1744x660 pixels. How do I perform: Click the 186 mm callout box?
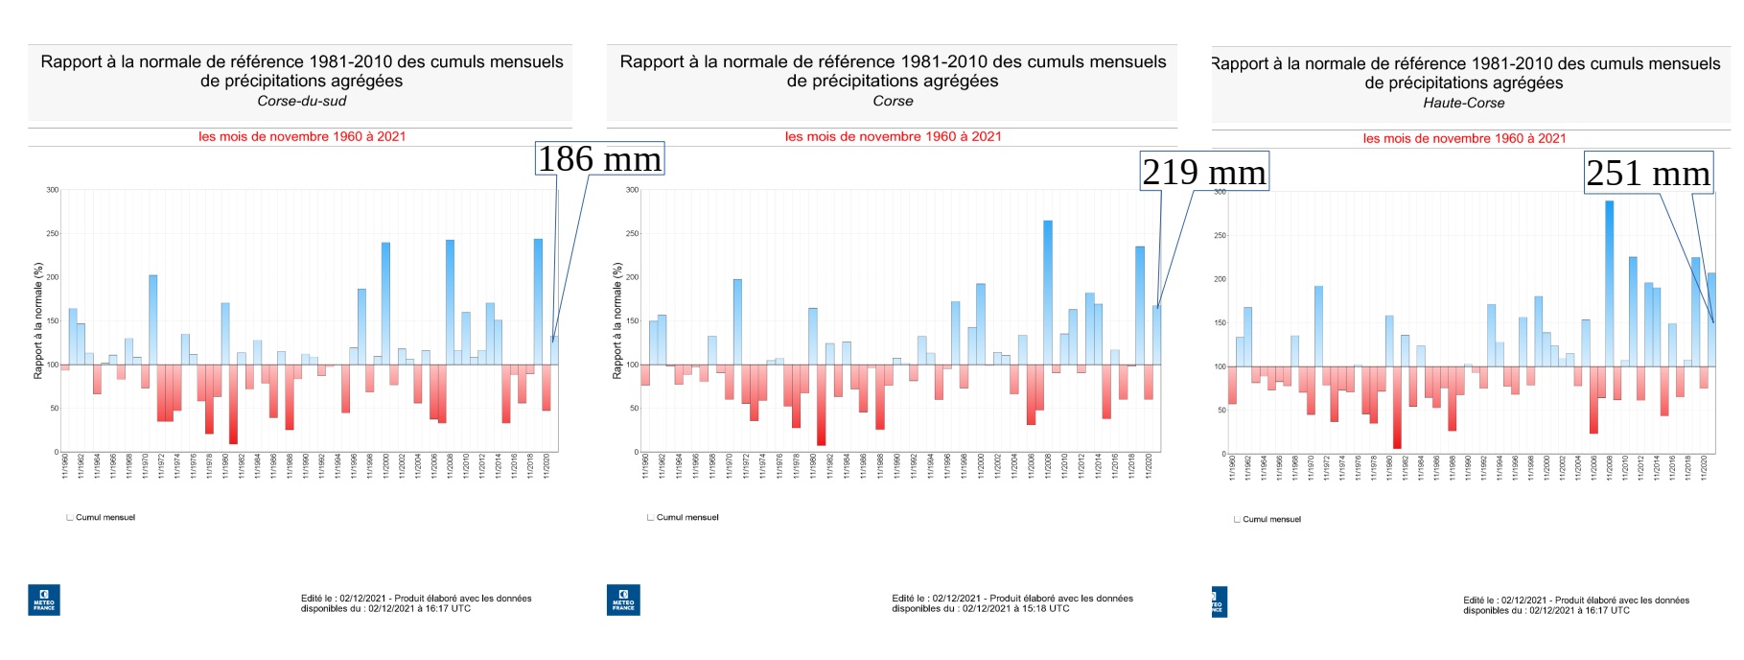599,159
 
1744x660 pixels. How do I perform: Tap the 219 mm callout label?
1203,172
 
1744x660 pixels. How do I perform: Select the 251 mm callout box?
1647,174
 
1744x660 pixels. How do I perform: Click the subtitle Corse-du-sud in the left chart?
301,101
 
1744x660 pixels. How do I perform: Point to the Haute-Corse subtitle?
1463,103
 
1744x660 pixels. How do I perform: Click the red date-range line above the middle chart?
893,136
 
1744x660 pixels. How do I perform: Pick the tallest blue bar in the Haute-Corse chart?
1609,278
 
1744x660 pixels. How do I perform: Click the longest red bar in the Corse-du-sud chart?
233,404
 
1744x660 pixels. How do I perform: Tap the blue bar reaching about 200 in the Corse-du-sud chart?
153,317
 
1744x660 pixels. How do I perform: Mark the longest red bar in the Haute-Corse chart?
1397,408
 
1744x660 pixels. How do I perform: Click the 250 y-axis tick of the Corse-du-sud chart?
53,233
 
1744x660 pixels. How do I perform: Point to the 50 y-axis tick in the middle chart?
633,408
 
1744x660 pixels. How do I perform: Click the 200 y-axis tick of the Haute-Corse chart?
1220,279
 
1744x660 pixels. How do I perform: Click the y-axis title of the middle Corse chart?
617,320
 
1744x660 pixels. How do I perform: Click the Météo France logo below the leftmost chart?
44,601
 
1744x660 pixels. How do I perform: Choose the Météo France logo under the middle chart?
623,601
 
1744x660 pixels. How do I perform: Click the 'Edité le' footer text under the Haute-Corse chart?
1575,605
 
